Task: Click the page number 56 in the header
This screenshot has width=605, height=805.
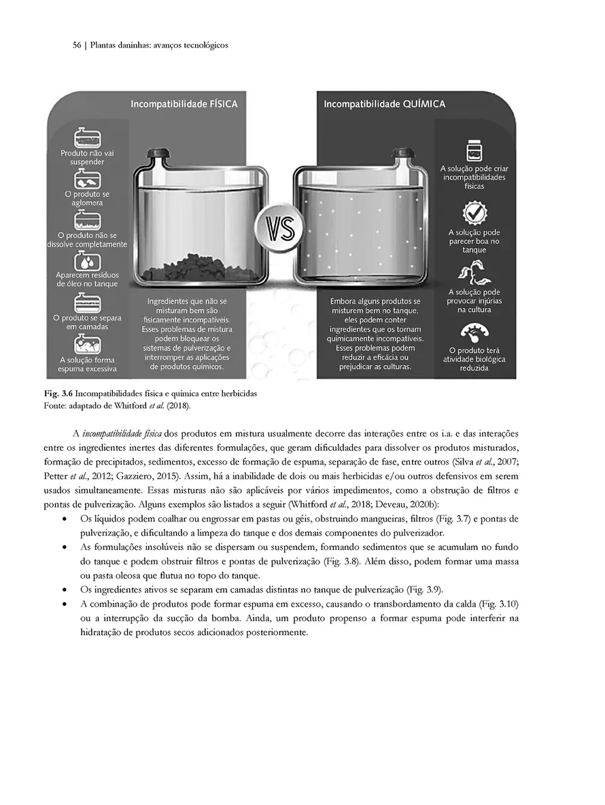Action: click(77, 46)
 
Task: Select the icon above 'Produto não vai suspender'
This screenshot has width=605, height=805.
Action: click(87, 138)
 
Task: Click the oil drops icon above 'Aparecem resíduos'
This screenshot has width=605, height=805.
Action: click(87, 262)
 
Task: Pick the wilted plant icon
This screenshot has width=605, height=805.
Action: click(474, 273)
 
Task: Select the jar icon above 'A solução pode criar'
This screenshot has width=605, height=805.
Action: click(474, 151)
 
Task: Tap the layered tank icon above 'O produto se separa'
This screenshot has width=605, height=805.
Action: click(87, 301)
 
